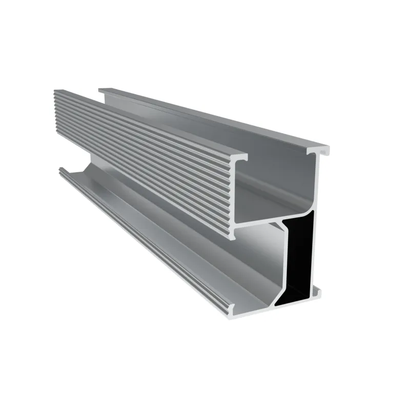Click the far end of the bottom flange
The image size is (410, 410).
click(x=61, y=172)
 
